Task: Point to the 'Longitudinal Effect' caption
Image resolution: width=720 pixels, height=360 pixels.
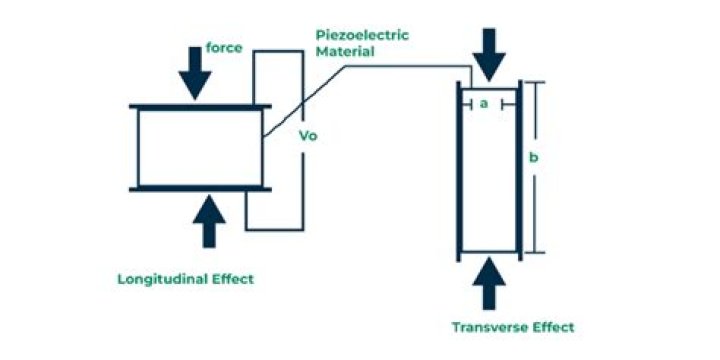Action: (185, 279)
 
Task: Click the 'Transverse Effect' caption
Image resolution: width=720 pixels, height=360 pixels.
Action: (513, 327)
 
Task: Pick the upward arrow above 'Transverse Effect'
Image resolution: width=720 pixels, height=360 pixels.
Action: (489, 284)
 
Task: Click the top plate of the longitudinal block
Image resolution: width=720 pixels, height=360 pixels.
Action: (201, 106)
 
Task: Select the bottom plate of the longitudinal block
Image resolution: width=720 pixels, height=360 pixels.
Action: (201, 188)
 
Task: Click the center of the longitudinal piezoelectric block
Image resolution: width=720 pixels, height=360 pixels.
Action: (200, 147)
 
